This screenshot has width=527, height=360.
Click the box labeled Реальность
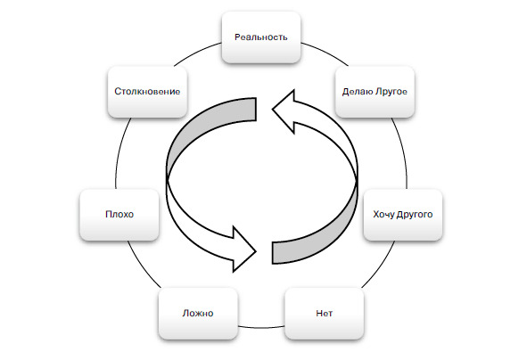[x=261, y=37]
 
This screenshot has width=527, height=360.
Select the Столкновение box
[x=147, y=92]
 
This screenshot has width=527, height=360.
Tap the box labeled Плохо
[x=119, y=214]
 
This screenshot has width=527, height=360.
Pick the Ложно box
[x=198, y=314]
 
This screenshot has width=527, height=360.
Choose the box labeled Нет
[x=325, y=314]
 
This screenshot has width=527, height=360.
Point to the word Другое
[x=391, y=92]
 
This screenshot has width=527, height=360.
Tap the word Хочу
[x=383, y=214]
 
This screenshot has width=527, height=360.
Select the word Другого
[x=415, y=215]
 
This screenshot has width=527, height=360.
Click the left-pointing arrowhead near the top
[x=284, y=110]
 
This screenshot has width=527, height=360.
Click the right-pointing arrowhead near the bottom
[x=244, y=250]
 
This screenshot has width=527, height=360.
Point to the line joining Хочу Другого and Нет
[x=380, y=266]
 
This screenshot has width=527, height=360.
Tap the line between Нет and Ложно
[x=261, y=327]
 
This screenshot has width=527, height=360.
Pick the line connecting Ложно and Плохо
[x=143, y=266]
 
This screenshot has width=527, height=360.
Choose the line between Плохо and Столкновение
[x=120, y=152]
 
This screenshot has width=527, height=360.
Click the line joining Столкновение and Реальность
[x=196, y=52]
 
